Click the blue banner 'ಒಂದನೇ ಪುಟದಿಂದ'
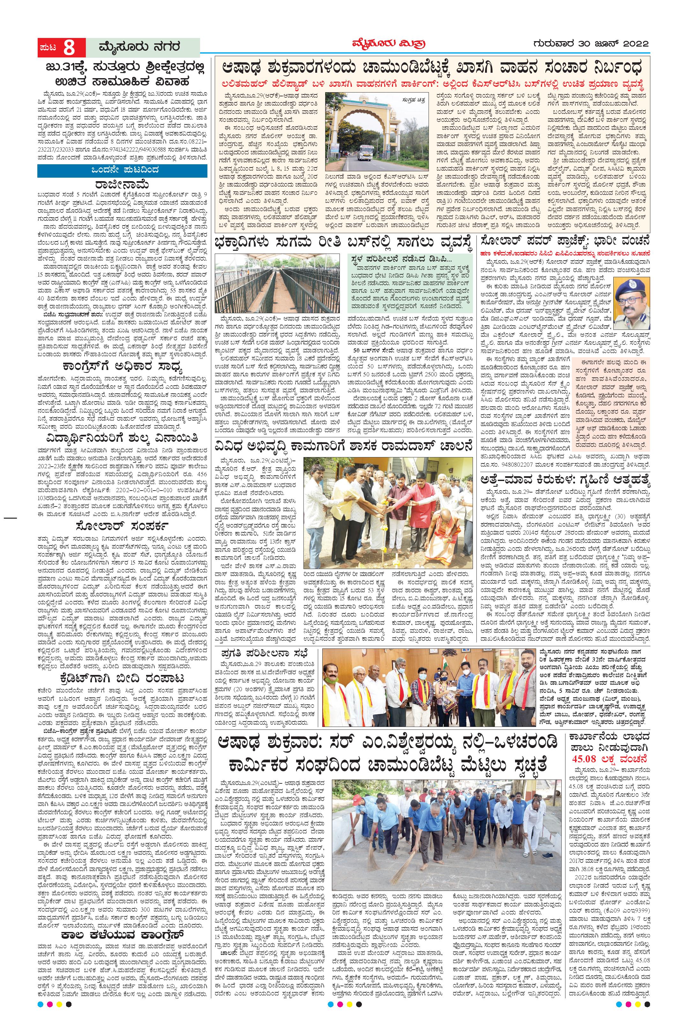(122, 170)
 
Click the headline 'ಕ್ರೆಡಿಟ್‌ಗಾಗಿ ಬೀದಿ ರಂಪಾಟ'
(122, 679)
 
